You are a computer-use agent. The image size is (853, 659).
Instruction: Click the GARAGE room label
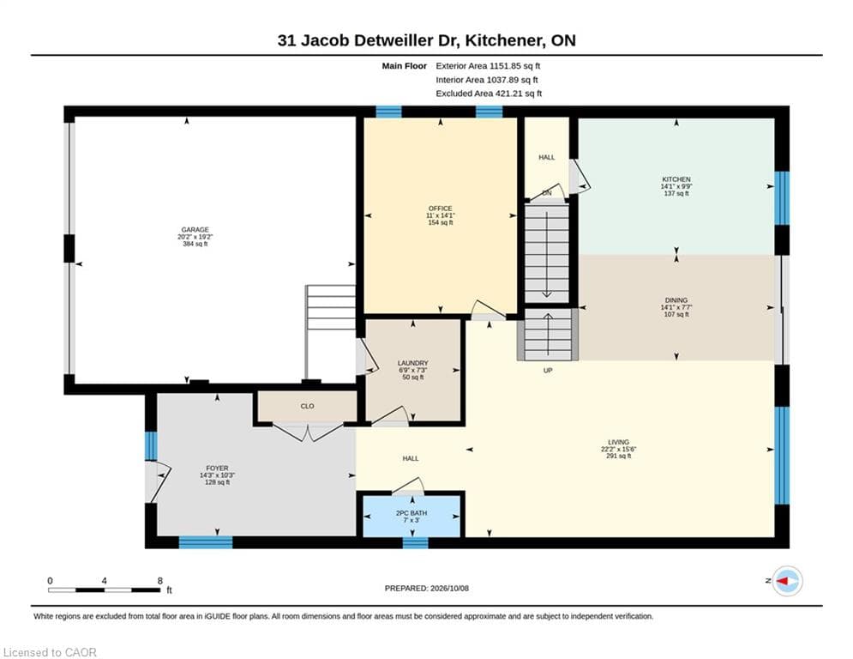[195, 230]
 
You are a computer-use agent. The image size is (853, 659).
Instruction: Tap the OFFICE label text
[440, 209]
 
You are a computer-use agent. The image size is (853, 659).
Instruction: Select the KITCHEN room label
[676, 179]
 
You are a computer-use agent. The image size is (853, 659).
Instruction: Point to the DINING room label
[676, 300]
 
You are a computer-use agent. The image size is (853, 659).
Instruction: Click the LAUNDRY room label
[413, 363]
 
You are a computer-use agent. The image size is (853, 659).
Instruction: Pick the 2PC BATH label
[411, 513]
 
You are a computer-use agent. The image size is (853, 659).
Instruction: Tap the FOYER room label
[217, 468]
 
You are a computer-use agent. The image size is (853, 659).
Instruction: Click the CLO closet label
[308, 406]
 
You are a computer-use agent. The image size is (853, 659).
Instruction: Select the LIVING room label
[619, 442]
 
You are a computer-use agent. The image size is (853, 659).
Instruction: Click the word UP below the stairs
[548, 371]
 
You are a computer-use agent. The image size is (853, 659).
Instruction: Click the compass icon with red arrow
[787, 581]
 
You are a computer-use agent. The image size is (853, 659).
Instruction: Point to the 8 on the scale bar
[160, 581]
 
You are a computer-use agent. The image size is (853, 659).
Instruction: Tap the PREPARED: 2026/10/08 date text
[427, 588]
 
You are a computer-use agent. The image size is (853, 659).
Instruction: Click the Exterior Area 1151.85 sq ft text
[488, 66]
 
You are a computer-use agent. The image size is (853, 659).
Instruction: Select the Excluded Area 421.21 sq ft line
[489, 94]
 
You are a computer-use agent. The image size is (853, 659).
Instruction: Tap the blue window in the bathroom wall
[415, 542]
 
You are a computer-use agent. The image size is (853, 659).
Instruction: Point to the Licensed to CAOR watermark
[50, 652]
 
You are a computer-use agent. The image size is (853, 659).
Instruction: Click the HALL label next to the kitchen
[547, 157]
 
